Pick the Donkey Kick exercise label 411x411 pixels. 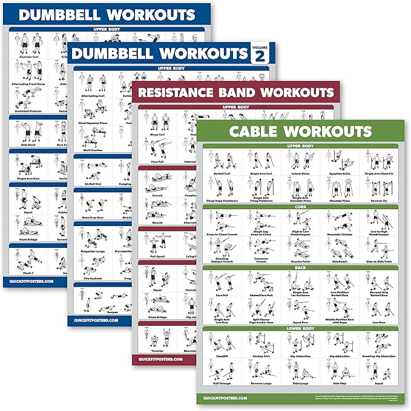point(260,356)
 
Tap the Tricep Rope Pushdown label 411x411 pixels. point(223,201)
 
